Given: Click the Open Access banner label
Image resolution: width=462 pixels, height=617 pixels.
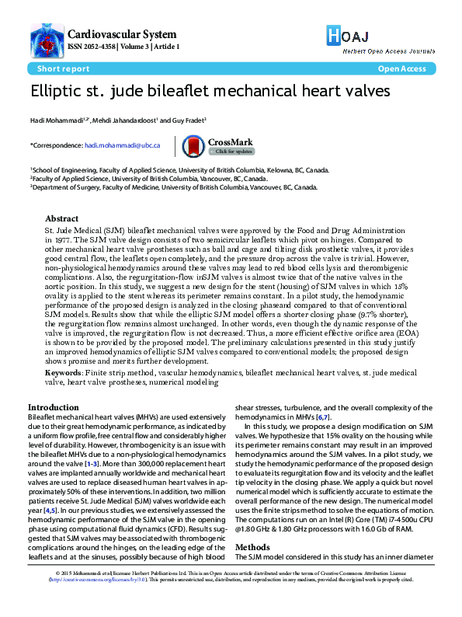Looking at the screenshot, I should (x=401, y=68).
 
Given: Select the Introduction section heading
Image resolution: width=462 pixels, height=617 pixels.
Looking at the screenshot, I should (x=53, y=407).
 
